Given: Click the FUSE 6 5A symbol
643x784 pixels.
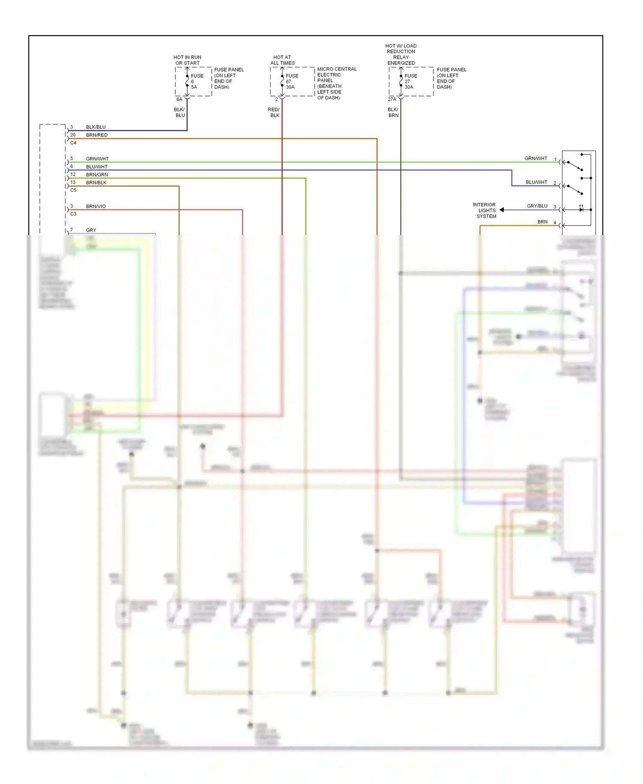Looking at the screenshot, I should [187, 81].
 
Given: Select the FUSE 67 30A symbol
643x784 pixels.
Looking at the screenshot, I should [282, 81].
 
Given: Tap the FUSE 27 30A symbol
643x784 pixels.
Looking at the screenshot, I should [401, 81].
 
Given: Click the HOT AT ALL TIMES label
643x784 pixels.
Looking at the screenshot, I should [282, 60].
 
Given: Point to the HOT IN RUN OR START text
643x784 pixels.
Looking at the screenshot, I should [187, 60].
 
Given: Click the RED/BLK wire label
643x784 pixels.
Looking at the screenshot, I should [273, 112].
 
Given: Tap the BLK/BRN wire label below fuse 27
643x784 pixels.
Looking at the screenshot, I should [393, 112].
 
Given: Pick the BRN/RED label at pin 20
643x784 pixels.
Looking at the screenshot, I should [97, 135].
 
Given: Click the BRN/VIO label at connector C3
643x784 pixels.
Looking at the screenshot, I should [96, 206].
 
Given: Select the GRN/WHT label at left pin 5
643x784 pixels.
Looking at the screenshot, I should [97, 159].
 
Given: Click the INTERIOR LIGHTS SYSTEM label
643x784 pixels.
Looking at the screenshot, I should [485, 211].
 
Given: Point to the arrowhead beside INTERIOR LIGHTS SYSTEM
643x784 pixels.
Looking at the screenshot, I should [502, 210].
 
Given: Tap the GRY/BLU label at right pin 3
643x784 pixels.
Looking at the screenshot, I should [537, 206].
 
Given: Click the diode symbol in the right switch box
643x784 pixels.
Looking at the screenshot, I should [581, 209].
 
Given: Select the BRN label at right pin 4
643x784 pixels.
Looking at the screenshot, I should [542, 222].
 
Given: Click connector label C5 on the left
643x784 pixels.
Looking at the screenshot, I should [73, 190].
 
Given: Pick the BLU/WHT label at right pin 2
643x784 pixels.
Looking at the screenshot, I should [536, 182].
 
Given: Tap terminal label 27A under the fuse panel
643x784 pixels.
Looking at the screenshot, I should [392, 99].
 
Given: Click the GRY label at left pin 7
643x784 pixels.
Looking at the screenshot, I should [91, 230].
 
